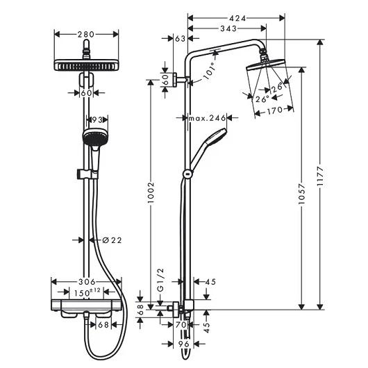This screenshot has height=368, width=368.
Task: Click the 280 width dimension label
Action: pos(86,35)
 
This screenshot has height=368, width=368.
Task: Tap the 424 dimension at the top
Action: pos(237,18)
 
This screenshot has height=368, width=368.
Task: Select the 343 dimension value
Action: pos(228,28)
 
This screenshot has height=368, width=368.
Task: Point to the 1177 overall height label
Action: pos(320,177)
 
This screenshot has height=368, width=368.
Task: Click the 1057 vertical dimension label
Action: pos(302,194)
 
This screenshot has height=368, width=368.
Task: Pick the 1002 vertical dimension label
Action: pos(151,193)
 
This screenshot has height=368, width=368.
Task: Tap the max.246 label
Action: pos(208,118)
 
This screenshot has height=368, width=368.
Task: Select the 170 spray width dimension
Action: pos(274,110)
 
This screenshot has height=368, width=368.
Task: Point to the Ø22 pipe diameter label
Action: pos(112,240)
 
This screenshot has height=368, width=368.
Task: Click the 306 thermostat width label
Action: pos(87,281)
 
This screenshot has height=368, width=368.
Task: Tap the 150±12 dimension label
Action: pos(87,292)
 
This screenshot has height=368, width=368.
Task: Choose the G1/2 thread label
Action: pos(160,281)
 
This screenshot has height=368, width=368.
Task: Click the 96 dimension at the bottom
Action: pos(184,344)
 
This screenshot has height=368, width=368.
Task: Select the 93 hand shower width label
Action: pos(97,120)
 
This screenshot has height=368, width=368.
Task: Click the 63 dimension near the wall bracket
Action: pos(181,39)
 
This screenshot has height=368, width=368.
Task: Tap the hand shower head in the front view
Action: pos(95,137)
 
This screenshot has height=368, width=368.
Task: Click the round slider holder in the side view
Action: pos(187,174)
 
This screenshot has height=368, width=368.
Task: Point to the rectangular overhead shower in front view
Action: pos(86,65)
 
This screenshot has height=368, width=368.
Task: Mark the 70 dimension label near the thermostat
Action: pos(181,325)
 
